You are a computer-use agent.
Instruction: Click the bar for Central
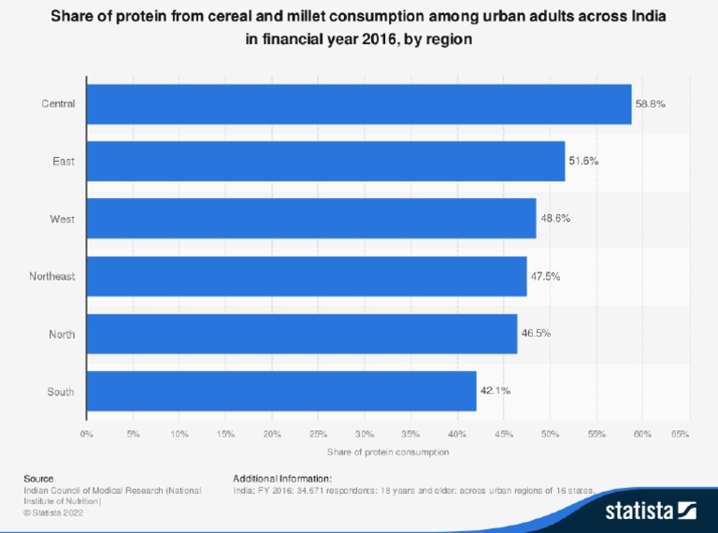click(359, 104)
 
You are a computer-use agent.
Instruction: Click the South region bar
click(281, 391)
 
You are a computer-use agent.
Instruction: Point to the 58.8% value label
click(651, 104)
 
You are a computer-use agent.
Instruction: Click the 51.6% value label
click(584, 161)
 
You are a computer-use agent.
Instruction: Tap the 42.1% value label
click(495, 391)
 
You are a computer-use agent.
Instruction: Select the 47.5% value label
click(546, 276)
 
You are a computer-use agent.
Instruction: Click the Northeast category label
click(51, 276)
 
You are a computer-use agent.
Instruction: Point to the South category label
click(61, 391)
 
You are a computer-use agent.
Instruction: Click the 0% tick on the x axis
click(87, 434)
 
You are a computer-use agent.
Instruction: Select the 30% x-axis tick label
click(365, 434)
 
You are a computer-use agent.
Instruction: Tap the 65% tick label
click(681, 434)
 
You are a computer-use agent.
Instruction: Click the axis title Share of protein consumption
click(388, 452)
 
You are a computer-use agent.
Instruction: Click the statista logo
click(651, 510)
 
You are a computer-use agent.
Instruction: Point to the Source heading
click(38, 478)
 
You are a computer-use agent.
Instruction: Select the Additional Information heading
click(281, 478)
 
